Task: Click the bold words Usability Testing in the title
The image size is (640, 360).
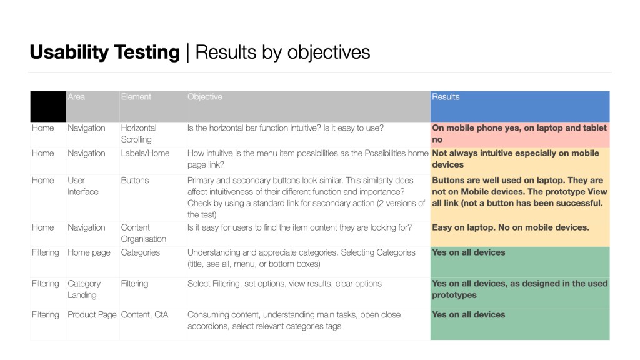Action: click(x=104, y=52)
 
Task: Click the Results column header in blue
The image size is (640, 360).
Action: click(x=446, y=97)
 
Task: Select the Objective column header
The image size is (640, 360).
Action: click(x=205, y=97)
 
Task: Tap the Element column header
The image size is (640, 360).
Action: click(x=136, y=97)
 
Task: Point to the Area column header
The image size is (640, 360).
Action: click(x=77, y=97)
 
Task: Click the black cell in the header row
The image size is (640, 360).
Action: click(x=48, y=106)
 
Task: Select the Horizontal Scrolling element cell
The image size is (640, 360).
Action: click(x=139, y=134)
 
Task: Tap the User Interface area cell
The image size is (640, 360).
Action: click(x=83, y=186)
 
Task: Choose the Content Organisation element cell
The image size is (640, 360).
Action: click(x=144, y=233)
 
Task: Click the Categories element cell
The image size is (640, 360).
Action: click(x=141, y=252)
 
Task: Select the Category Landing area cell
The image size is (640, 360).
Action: click(x=84, y=289)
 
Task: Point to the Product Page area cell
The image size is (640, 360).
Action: click(x=92, y=315)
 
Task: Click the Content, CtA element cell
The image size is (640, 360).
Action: click(x=144, y=315)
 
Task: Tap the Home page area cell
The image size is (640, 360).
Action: click(x=89, y=252)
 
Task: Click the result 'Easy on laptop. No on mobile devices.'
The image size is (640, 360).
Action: click(x=511, y=227)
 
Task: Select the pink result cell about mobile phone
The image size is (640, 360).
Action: click(x=519, y=134)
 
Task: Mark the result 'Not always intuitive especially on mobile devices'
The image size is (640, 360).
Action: click(x=516, y=159)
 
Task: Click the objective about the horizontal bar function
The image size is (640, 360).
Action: click(x=286, y=128)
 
